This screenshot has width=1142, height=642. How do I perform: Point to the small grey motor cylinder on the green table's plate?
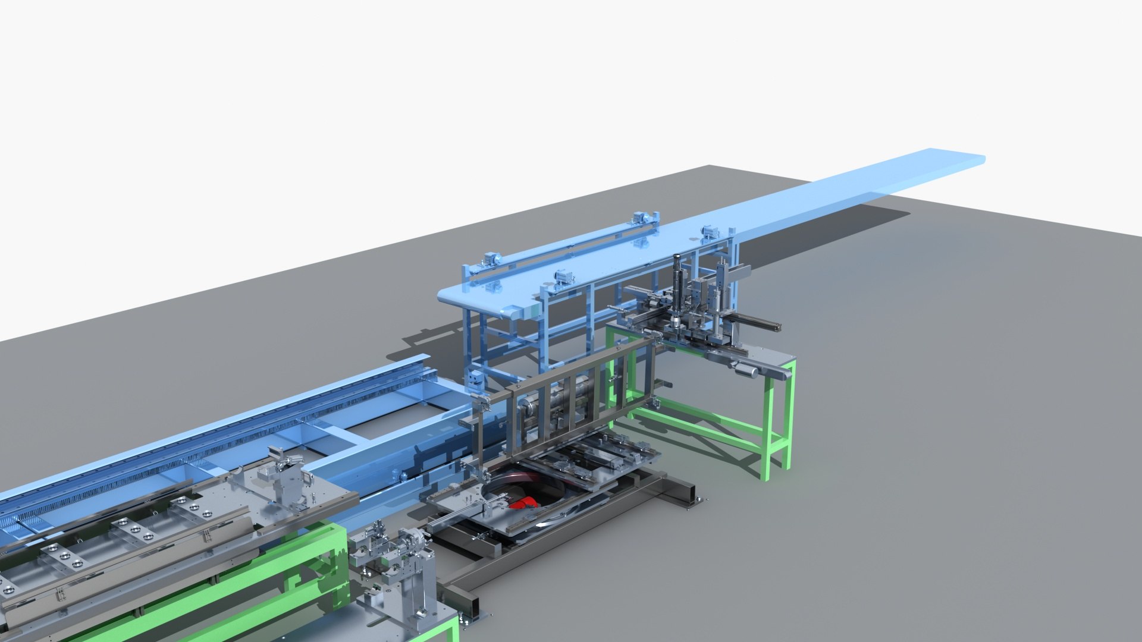click(747, 371)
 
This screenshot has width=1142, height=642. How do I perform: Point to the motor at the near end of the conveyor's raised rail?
click(490, 260)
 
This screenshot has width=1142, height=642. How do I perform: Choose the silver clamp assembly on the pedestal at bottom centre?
click(393, 553)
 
